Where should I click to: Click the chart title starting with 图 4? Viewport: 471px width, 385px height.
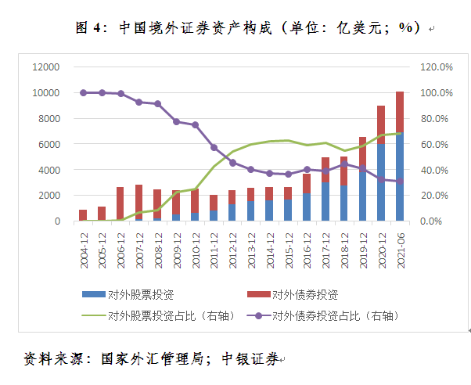(x=249, y=27)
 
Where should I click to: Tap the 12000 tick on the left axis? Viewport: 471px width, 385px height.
(x=45, y=67)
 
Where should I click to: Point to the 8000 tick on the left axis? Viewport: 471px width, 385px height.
(x=48, y=118)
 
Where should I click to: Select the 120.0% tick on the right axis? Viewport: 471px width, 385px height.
(x=437, y=67)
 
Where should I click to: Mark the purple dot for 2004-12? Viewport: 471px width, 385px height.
(x=83, y=92)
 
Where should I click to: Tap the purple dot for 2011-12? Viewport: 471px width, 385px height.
(x=214, y=147)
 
